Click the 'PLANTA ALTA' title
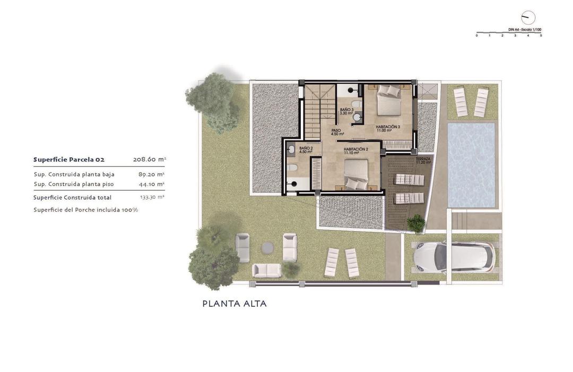click(235, 304)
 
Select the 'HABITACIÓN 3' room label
click(388, 127)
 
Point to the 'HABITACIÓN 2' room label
click(355, 149)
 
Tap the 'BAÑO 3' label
click(346, 110)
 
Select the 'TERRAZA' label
click(423, 159)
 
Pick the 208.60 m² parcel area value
click(149, 160)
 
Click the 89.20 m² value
click(151, 174)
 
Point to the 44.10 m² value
click(151, 184)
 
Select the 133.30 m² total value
click(152, 197)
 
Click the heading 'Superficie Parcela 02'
click(69, 160)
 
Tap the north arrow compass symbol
click(528, 18)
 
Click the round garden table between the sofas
click(267, 247)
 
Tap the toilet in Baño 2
click(292, 168)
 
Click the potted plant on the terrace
click(416, 223)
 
